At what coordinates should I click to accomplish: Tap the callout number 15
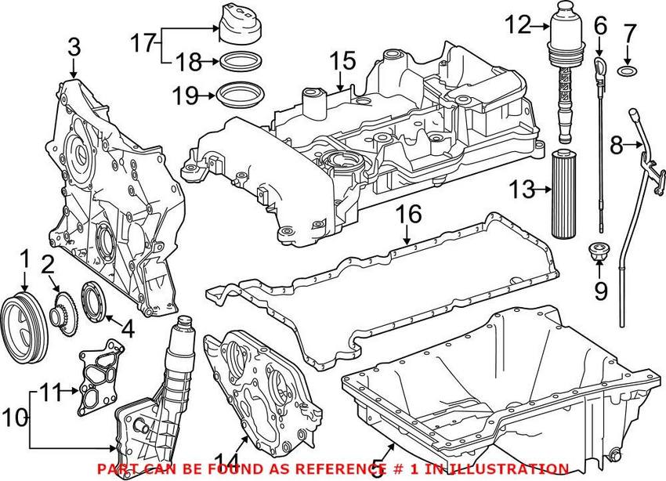342,60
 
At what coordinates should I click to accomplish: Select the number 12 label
517,25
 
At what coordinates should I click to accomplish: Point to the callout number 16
408,213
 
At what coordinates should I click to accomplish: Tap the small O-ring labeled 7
628,72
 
